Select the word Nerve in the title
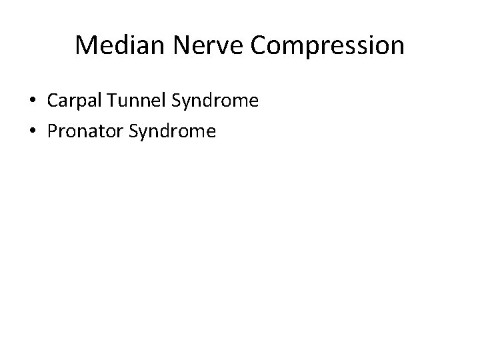coord(193,46)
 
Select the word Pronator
coord(82,131)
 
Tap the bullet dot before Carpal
coord(32,102)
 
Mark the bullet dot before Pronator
coord(32,132)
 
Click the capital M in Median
coord(86,46)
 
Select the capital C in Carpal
coord(52,101)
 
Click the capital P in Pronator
coord(52,131)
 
